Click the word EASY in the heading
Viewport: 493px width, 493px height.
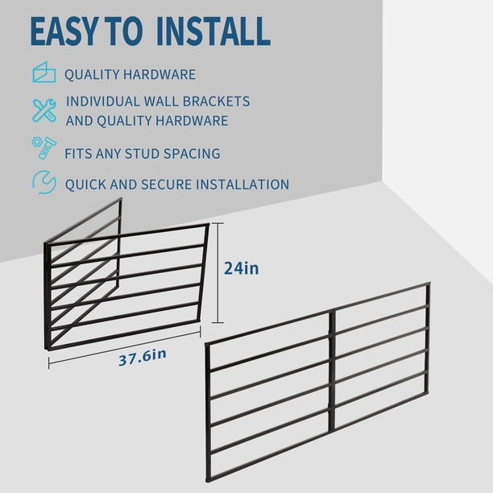(x=64, y=31)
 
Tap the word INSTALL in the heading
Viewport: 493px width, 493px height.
(x=213, y=31)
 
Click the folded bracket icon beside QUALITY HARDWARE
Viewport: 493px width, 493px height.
(x=44, y=72)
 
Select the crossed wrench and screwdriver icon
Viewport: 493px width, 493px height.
(x=44, y=110)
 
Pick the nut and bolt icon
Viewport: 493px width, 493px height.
(x=43, y=148)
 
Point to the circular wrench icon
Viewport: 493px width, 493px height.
(x=44, y=182)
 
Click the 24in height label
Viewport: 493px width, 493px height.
(x=242, y=268)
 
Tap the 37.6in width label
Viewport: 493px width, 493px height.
(x=143, y=358)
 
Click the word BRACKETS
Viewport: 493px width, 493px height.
(x=217, y=101)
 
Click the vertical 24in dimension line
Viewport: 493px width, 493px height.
(x=217, y=273)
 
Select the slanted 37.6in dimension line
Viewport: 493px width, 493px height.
(x=125, y=347)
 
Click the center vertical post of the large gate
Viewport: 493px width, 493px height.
(x=332, y=370)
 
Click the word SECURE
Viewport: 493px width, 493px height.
(x=166, y=184)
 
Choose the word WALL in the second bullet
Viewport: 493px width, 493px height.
(x=161, y=101)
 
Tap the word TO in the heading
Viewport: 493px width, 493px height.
(x=123, y=31)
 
